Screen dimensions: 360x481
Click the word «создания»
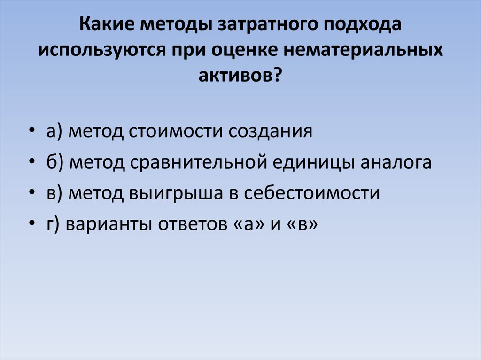(271, 131)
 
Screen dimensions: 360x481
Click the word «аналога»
(396, 162)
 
